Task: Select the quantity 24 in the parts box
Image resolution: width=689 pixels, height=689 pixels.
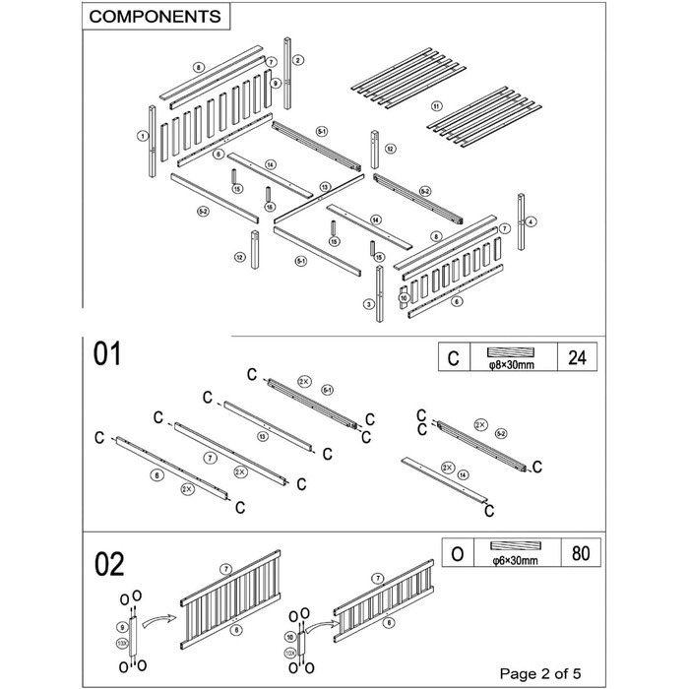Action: click(x=576, y=357)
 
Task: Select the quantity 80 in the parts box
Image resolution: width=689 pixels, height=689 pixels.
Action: click(x=576, y=553)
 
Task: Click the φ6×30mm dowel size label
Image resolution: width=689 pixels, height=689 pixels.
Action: click(x=511, y=562)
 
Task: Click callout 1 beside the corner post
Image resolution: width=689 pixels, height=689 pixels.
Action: click(x=143, y=136)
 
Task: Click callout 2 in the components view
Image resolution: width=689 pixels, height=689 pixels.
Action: click(x=297, y=60)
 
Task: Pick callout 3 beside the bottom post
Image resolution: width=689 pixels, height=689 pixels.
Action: click(x=369, y=304)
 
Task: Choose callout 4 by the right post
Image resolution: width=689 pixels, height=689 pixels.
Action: click(x=532, y=222)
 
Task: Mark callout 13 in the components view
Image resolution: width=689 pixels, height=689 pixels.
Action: click(x=324, y=186)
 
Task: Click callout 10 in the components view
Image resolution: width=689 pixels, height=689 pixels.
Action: click(x=403, y=296)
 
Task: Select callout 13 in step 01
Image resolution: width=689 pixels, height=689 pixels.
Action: click(x=262, y=436)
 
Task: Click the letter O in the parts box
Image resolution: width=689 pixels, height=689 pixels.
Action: click(x=457, y=553)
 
